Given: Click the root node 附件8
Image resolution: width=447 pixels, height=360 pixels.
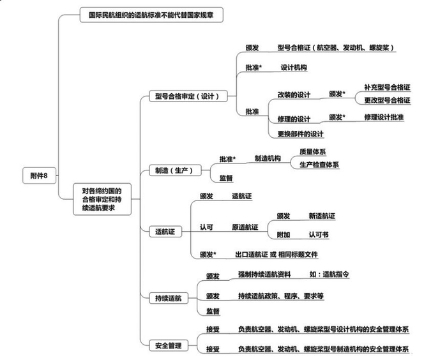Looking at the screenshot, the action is click(39, 176).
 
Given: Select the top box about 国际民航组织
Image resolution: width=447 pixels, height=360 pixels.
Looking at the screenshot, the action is click(151, 15).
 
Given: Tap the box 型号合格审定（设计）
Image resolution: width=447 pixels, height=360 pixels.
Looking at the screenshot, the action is click(188, 96).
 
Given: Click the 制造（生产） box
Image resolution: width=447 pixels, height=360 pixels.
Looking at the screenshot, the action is click(175, 170).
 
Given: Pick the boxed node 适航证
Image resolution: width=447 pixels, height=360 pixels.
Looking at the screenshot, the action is click(165, 232).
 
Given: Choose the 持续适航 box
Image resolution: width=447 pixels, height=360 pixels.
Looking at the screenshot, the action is click(169, 298).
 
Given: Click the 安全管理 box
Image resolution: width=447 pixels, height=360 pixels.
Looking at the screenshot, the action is click(169, 345).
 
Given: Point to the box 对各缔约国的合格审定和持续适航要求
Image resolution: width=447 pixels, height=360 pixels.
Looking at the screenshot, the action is click(102, 199).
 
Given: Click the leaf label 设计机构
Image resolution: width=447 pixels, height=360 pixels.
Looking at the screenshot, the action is click(294, 68).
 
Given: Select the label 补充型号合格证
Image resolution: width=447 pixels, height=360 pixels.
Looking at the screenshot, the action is click(387, 87).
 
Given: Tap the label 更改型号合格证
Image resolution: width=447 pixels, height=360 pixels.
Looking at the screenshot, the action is click(387, 100).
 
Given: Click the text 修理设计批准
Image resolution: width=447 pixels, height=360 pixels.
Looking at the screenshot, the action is click(384, 117).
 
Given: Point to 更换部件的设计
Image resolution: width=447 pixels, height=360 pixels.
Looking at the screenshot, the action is click(301, 133).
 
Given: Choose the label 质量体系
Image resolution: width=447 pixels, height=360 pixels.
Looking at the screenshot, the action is click(312, 152).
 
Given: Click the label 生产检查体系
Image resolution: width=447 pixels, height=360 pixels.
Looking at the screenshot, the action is click(319, 165).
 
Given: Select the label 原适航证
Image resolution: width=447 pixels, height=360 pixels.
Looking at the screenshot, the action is click(245, 227).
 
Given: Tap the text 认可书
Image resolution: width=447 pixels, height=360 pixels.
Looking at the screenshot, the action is click(319, 235).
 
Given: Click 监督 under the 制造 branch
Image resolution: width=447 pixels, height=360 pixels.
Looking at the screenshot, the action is click(226, 178).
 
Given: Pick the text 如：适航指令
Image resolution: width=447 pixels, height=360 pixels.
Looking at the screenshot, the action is click(329, 274).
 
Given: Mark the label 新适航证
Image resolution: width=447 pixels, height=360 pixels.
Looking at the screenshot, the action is click(322, 216).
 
